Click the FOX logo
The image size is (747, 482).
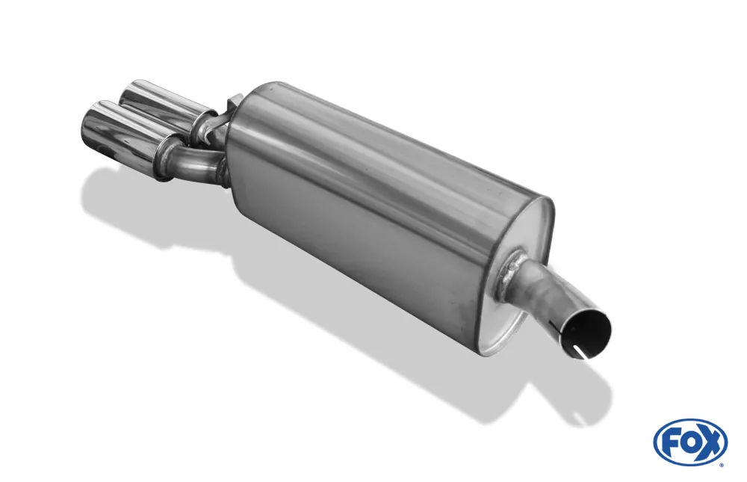click(691, 442)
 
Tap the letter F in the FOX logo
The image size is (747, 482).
click(671, 443)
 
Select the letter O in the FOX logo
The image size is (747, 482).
click(689, 443)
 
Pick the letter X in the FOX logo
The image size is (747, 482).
click(710, 442)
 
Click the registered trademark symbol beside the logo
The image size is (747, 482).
click(725, 464)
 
